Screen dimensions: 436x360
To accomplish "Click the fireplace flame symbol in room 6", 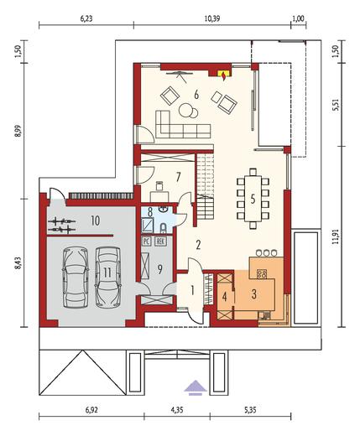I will point(223,73).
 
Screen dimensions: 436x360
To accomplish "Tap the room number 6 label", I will point(196,95).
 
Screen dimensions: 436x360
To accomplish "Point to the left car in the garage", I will point(74,277).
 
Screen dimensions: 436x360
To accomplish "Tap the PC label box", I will point(146,240).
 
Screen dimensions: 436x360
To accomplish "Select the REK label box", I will point(159,240).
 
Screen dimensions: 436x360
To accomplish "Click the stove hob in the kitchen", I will point(262,273).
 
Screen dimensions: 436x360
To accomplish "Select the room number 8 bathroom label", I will point(149,212).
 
